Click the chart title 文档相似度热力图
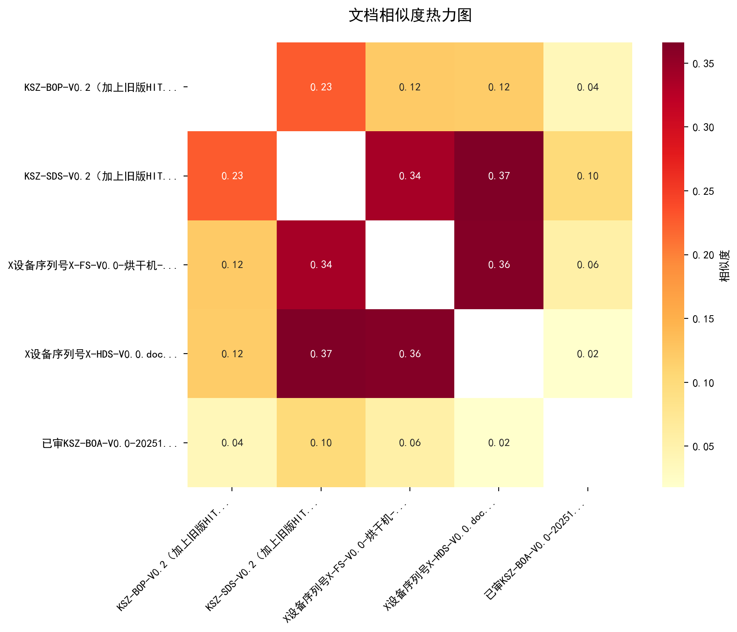click(410, 16)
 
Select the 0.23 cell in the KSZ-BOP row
click(321, 87)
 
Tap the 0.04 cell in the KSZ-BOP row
click(587, 87)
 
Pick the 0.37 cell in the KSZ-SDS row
click(499, 176)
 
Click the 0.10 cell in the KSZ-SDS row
click(587, 176)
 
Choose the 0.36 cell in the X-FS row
click(499, 265)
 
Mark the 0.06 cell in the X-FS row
click(587, 265)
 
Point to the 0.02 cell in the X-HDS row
click(587, 354)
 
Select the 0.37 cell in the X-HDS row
click(321, 354)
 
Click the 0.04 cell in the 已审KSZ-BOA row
click(232, 442)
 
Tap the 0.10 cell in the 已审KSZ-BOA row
click(321, 442)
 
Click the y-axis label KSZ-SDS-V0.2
click(101, 176)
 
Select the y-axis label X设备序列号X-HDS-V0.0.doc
click(101, 354)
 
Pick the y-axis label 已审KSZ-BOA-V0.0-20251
click(110, 443)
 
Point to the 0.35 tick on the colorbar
click(703, 64)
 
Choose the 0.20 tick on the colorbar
click(703, 255)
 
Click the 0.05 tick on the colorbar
click(703, 446)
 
